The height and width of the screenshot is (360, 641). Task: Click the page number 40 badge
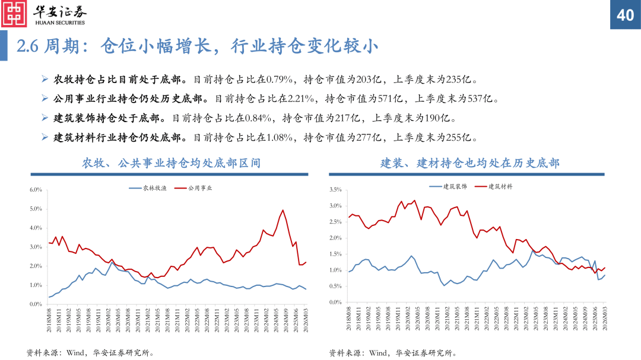coord(626,15)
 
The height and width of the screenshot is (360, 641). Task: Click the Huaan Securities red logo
coord(14,14)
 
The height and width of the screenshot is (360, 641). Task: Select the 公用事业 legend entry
coord(200,189)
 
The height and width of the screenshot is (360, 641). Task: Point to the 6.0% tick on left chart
coord(35,190)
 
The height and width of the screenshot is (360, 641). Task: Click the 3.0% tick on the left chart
coord(35,247)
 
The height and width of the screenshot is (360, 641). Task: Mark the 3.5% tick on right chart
coord(335,190)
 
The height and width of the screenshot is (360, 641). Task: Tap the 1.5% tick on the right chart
coord(335,254)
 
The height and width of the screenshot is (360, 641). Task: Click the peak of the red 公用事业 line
coord(283,210)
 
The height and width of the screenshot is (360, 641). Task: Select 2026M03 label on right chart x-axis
coord(604,320)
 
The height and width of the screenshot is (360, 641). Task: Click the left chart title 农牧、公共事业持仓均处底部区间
coord(171,163)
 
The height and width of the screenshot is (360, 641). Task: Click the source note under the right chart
coord(392,353)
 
